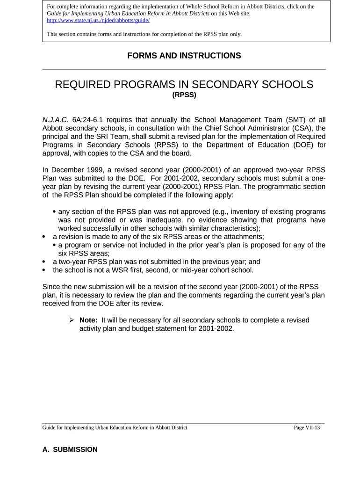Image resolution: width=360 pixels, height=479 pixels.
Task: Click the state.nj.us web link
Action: (98, 21)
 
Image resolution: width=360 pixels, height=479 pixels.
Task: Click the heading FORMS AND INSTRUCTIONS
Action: (184, 56)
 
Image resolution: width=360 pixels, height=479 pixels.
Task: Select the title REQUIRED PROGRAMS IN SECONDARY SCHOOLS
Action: (184, 85)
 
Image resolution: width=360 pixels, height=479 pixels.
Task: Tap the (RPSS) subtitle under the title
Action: (184, 95)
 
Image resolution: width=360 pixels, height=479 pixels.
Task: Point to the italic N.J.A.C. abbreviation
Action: (55, 119)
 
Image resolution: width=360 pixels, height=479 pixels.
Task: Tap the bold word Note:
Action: (88, 320)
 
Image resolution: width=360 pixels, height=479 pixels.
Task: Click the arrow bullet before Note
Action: (72, 320)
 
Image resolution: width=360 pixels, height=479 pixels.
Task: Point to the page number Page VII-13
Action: (307, 428)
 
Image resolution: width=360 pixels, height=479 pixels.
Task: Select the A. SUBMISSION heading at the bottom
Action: (70, 450)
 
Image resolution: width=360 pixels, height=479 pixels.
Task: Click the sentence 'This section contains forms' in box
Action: (144, 34)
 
